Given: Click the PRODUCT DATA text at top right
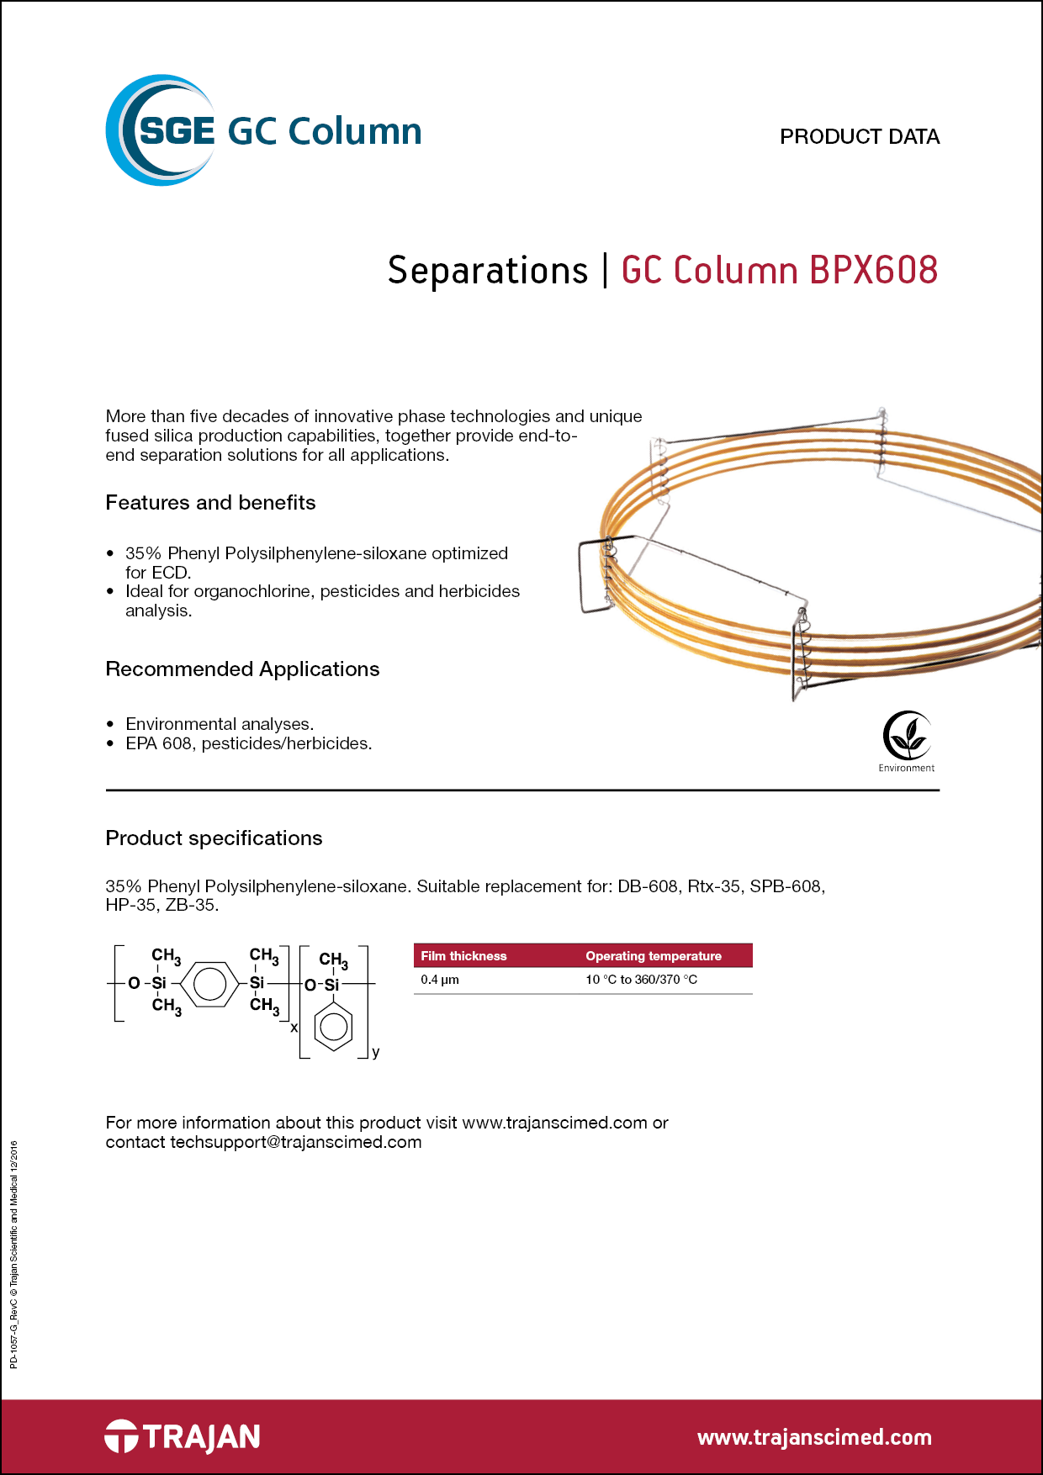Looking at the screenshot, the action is [860, 137].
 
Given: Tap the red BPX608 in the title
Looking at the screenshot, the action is [874, 271].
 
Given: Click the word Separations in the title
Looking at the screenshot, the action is [488, 271].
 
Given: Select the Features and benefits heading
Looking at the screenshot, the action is [210, 503].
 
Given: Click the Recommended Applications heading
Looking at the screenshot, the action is [242, 669].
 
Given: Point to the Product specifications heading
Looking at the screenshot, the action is [214, 838].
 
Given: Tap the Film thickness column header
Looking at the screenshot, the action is [463, 956].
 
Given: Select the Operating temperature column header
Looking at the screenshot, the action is [654, 956].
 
